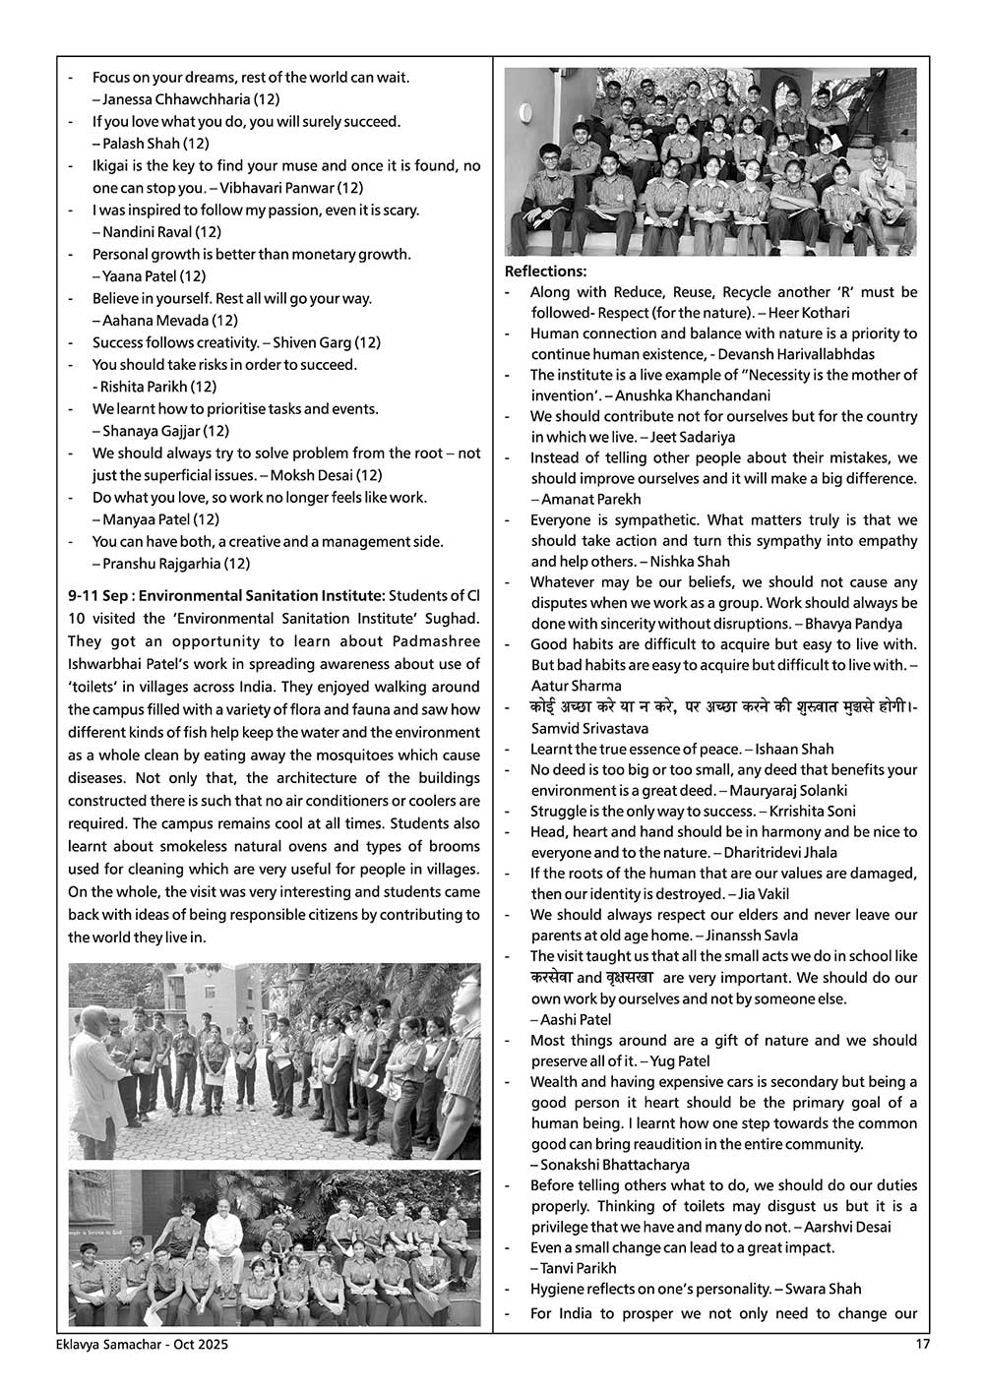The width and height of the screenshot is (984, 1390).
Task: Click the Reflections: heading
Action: [545, 272]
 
